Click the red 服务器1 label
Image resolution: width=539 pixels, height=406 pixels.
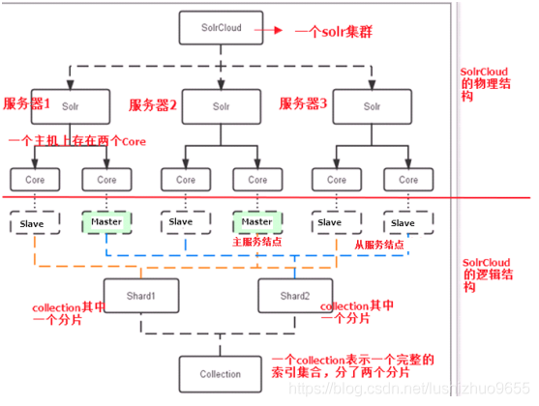pos(30,101)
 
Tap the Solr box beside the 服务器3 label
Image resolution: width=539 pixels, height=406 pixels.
pos(370,103)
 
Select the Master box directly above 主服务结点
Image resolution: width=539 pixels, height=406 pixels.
pos(256,222)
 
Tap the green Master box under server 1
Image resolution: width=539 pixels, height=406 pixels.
pos(106,222)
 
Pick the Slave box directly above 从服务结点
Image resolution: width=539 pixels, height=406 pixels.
pos(330,222)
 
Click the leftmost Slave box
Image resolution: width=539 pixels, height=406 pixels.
pos(32,223)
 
